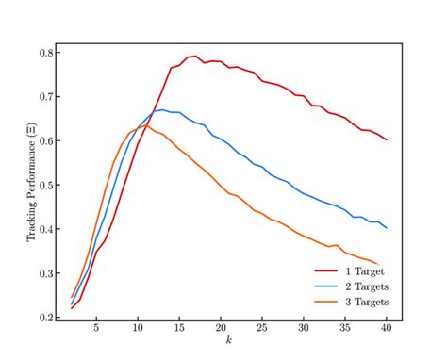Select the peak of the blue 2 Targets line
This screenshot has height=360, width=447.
pos(162,109)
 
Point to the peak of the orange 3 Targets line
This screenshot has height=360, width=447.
pos(146,125)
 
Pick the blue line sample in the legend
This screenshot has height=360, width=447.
pos(328,285)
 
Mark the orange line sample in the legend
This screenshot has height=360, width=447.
pos(328,302)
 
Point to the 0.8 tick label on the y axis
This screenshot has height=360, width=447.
pos(44,53)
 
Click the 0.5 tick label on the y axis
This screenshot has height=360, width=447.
pos(44,185)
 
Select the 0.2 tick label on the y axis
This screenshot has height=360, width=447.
pos(44,318)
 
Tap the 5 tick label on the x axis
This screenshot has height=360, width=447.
pos(96,328)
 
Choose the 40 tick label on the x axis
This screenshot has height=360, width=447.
pos(387,328)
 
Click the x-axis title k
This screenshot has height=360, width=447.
pos(228,340)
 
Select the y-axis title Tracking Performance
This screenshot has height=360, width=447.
pos(31,185)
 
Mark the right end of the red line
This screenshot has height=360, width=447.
pos(387,139)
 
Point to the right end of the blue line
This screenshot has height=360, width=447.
pos(387,228)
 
